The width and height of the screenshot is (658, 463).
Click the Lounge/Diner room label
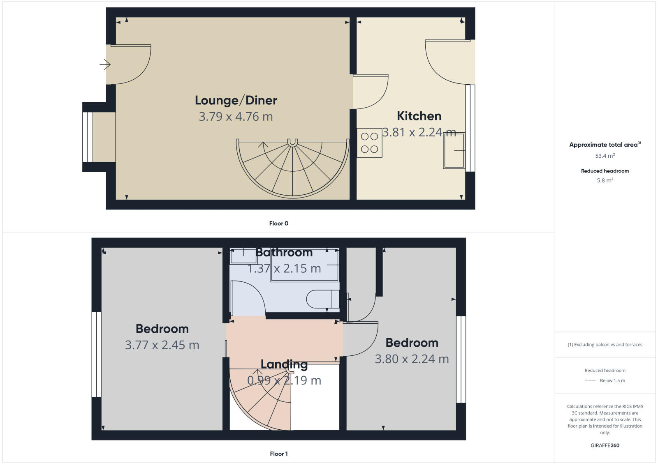pyautogui.click(x=236, y=100)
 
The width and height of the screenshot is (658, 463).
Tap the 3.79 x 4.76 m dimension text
pyautogui.click(x=236, y=117)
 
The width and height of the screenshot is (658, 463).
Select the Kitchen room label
pyautogui.click(x=419, y=116)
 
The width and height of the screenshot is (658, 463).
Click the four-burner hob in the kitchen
pyautogui.click(x=369, y=143)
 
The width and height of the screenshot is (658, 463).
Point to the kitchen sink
pyautogui.click(x=454, y=150)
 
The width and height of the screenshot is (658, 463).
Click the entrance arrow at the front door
pyautogui.click(x=105, y=64)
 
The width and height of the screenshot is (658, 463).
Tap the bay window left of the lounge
pyautogui.click(x=88, y=137)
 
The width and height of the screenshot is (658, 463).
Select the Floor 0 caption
pyautogui.click(x=278, y=223)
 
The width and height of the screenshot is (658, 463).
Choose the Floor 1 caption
pyautogui.click(x=278, y=454)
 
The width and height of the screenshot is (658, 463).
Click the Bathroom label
pyautogui.click(x=284, y=252)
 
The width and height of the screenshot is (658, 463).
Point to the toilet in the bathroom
pyautogui.click(x=323, y=299)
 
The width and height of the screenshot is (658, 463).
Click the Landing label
pyautogui.click(x=284, y=364)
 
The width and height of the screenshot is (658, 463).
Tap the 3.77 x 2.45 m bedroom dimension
pyautogui.click(x=162, y=345)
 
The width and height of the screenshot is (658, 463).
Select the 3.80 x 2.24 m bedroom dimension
pyautogui.click(x=412, y=359)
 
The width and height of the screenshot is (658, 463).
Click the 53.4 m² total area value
pyautogui.click(x=605, y=156)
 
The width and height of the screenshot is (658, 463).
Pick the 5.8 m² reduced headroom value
pyautogui.click(x=605, y=180)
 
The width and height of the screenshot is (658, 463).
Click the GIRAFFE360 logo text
pyautogui.click(x=605, y=445)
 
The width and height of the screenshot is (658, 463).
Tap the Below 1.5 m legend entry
pyautogui.click(x=612, y=380)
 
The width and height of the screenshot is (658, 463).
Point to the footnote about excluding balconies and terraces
pyautogui.click(x=605, y=345)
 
